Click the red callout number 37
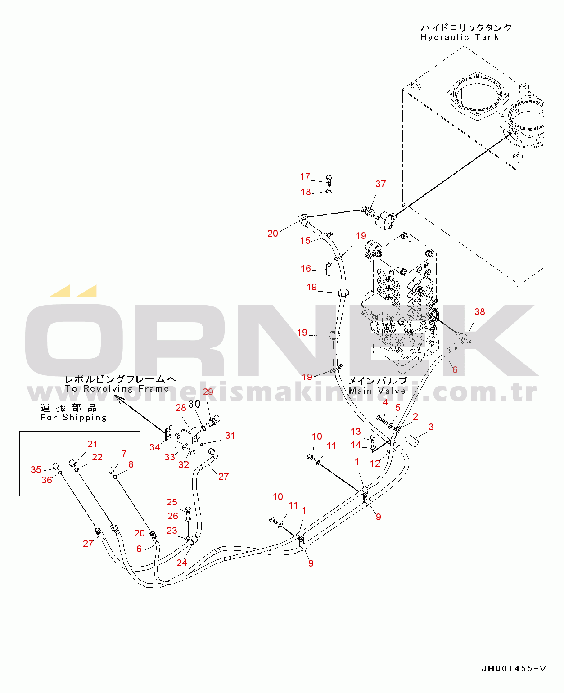pyautogui.click(x=380, y=184)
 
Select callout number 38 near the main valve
pyautogui.click(x=479, y=312)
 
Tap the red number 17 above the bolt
pyautogui.click(x=305, y=176)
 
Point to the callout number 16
pyautogui.click(x=306, y=269)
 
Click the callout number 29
pyautogui.click(x=208, y=391)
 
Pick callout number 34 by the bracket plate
pyautogui.click(x=154, y=447)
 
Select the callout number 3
pyautogui.click(x=431, y=427)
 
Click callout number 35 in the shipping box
pyautogui.click(x=36, y=469)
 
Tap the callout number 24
pyautogui.click(x=181, y=562)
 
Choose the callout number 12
pyautogui.click(x=375, y=463)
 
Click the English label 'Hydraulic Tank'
pyautogui.click(x=459, y=37)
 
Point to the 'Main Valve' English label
pyautogui.click(x=377, y=391)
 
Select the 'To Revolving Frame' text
pyautogui.click(x=117, y=389)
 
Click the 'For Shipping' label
pyautogui.click(x=73, y=418)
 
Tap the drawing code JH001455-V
pyautogui.click(x=514, y=669)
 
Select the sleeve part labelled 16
pyautogui.click(x=329, y=269)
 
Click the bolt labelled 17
pyautogui.click(x=329, y=180)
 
